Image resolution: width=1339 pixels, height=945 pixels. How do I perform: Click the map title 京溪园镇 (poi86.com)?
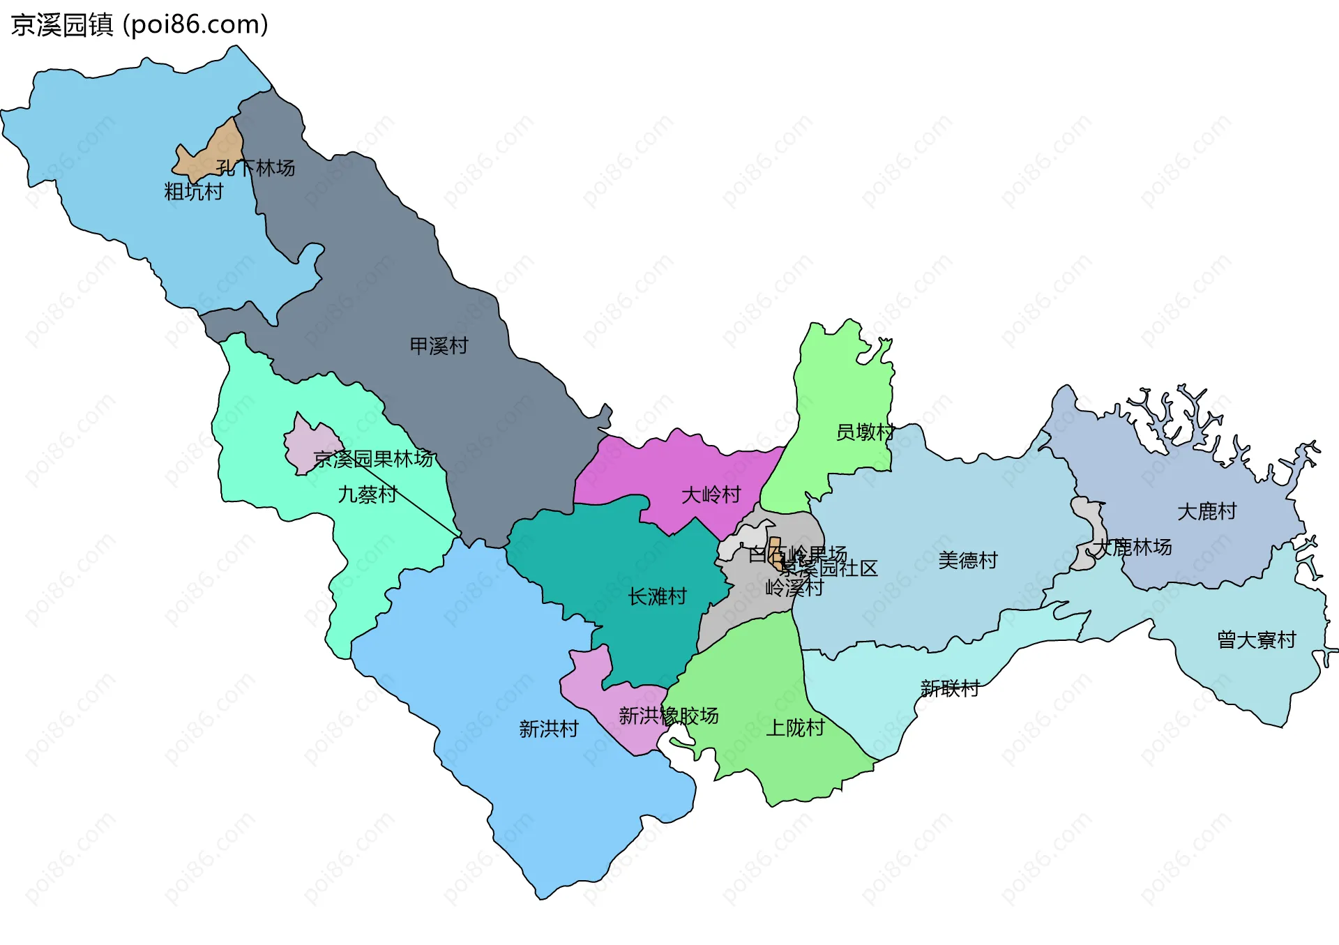pyautogui.click(x=139, y=25)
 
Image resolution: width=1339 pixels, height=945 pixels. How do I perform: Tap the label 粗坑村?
pyautogui.click(x=193, y=191)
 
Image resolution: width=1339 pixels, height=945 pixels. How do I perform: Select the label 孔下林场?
pyautogui.click(x=255, y=168)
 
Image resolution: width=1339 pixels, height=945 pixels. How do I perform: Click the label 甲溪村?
pyautogui.click(x=439, y=346)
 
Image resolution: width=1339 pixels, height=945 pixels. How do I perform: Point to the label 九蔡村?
pyautogui.click(x=368, y=494)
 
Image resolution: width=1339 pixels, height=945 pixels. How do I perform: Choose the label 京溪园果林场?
pyautogui.click(x=374, y=459)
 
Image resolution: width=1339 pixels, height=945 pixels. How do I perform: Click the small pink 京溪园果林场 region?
pyautogui.click(x=307, y=446)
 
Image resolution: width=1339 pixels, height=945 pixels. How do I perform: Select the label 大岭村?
pyautogui.click(x=711, y=495)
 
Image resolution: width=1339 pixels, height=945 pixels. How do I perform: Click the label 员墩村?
pyautogui.click(x=865, y=432)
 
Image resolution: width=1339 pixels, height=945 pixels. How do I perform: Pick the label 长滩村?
pyautogui.click(x=657, y=597)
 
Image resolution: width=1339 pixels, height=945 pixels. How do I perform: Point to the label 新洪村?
pyautogui.click(x=549, y=729)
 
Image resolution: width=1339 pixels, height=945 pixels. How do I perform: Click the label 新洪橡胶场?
pyautogui.click(x=668, y=716)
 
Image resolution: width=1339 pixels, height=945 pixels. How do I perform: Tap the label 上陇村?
pyautogui.click(x=795, y=728)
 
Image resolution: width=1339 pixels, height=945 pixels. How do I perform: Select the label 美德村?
pyautogui.click(x=967, y=560)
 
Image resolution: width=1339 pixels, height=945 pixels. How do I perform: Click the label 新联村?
pyautogui.click(x=950, y=689)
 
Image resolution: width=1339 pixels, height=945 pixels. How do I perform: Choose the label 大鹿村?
pyautogui.click(x=1206, y=512)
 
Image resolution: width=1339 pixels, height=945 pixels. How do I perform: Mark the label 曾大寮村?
pyautogui.click(x=1256, y=640)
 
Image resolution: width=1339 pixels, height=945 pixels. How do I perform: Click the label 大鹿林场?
pyautogui.click(x=1133, y=547)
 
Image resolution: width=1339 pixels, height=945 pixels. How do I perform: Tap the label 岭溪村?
pyautogui.click(x=794, y=588)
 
